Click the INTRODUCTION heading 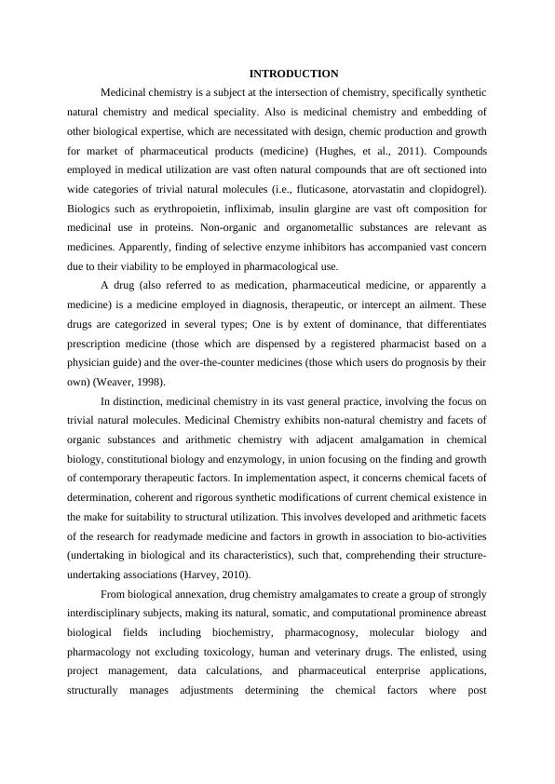coord(293,74)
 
